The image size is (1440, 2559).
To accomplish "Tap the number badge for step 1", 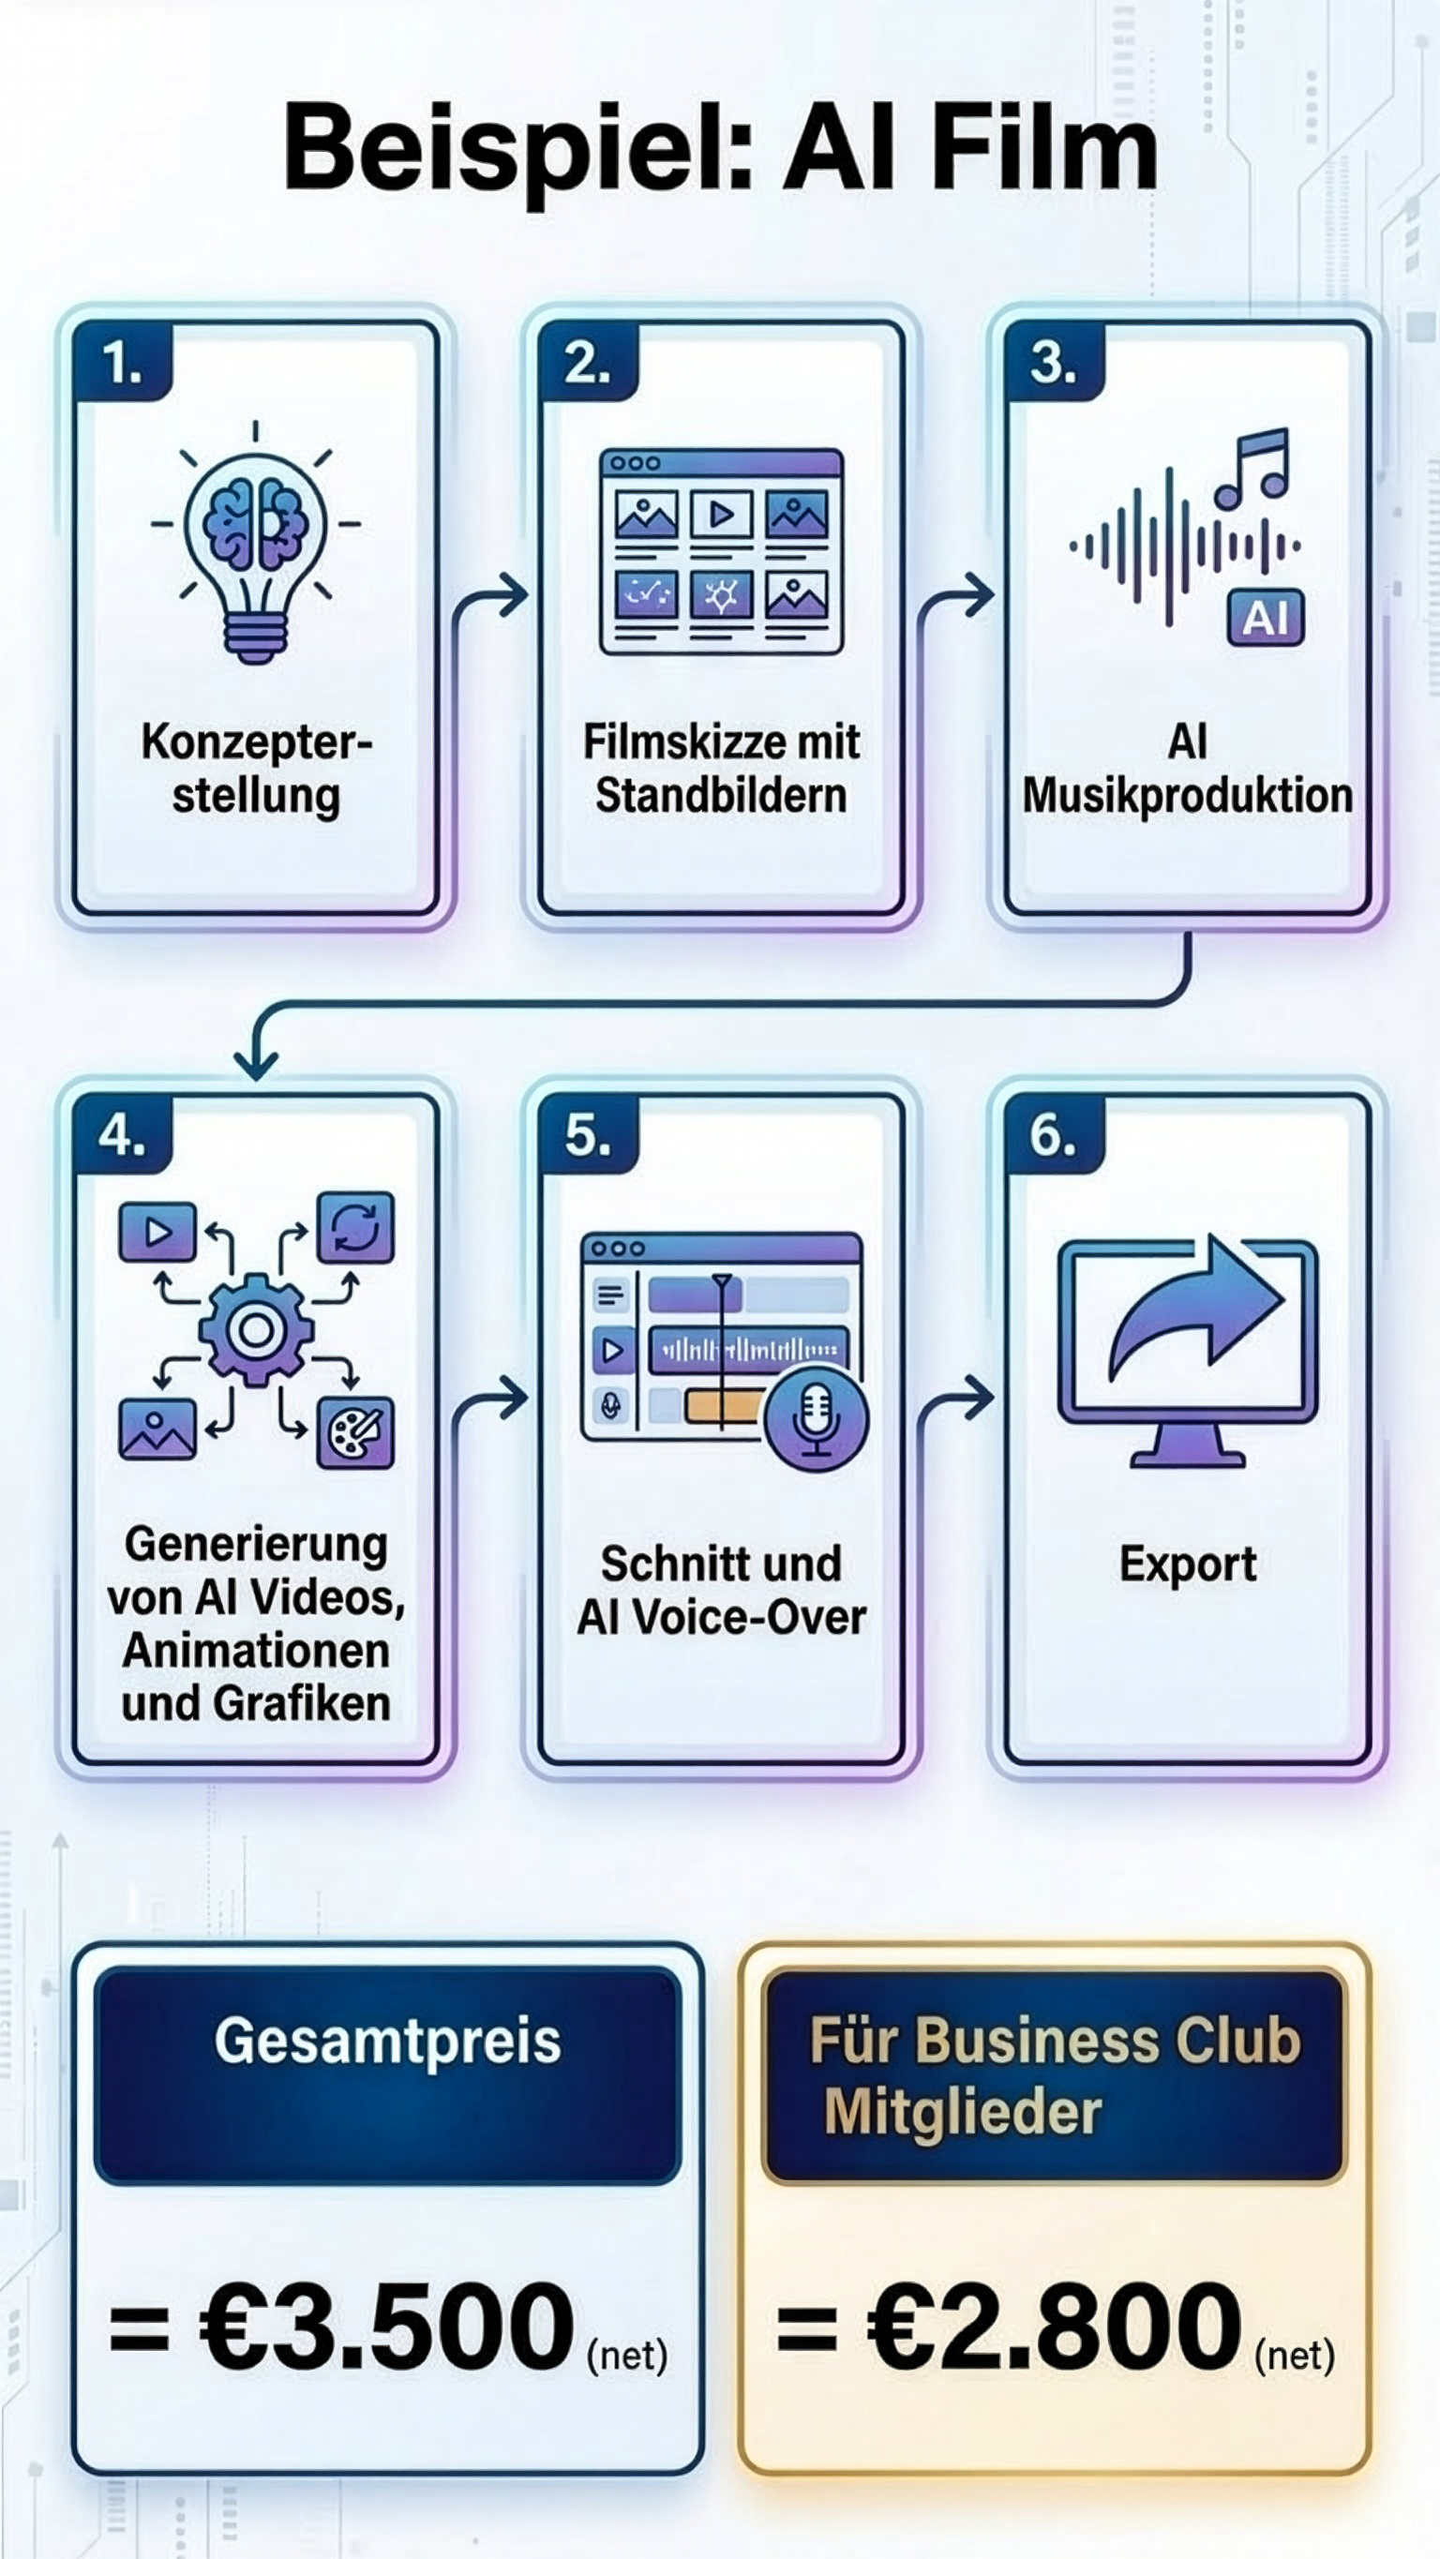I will click(x=122, y=363).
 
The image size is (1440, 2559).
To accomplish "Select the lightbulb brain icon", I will click(x=255, y=542).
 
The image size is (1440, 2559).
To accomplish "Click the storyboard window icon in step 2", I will click(x=722, y=550).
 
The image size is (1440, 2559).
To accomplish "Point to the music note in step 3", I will click(x=1253, y=467).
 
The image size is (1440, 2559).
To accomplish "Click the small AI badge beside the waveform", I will click(x=1265, y=618).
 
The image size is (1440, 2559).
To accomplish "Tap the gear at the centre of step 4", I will click(x=256, y=1329).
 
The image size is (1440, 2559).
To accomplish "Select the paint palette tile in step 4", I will click(x=354, y=1431).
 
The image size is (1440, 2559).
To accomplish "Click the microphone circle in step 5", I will click(x=816, y=1418).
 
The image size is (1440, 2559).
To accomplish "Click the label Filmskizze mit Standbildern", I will click(x=722, y=768).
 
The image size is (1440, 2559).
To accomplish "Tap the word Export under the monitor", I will click(x=1188, y=1563).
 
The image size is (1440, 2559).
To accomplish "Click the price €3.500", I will click(x=387, y=2327).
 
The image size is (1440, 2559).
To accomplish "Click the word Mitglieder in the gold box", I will click(x=962, y=2113).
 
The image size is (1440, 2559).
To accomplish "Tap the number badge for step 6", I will click(x=1054, y=1134).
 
